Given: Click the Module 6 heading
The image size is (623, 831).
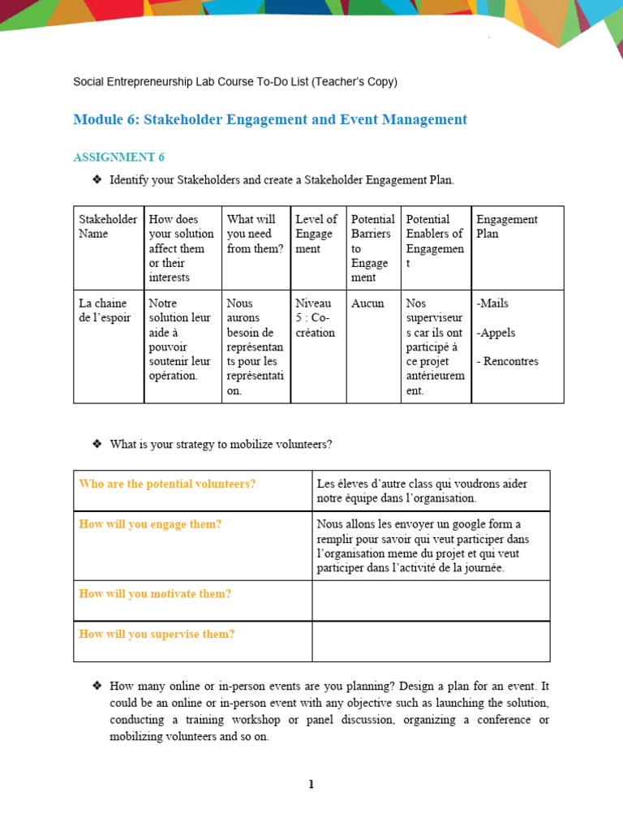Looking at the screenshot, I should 270,120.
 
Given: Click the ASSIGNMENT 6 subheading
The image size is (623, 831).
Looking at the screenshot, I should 118,157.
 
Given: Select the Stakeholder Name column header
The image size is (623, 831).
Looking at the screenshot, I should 108,226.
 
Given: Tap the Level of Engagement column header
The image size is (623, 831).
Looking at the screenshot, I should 316,234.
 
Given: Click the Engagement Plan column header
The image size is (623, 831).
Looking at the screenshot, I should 506,226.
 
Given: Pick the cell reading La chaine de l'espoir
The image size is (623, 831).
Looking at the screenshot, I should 104,311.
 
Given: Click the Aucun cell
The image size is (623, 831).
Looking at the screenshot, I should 367,304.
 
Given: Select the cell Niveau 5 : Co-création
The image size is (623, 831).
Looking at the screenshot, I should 316,318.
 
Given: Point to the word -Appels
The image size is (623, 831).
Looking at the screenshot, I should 496,333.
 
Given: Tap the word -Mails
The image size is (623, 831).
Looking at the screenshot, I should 492,304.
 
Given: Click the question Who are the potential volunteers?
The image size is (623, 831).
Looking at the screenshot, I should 167,484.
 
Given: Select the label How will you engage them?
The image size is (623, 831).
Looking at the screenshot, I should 150,524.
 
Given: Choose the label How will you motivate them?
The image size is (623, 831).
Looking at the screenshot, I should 155,594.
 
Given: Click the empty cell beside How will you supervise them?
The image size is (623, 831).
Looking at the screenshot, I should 431,641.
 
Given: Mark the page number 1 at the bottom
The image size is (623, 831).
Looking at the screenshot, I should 311,784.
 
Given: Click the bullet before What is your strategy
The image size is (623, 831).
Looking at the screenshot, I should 97,444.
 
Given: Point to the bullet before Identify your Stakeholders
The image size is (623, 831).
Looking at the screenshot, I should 97,179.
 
